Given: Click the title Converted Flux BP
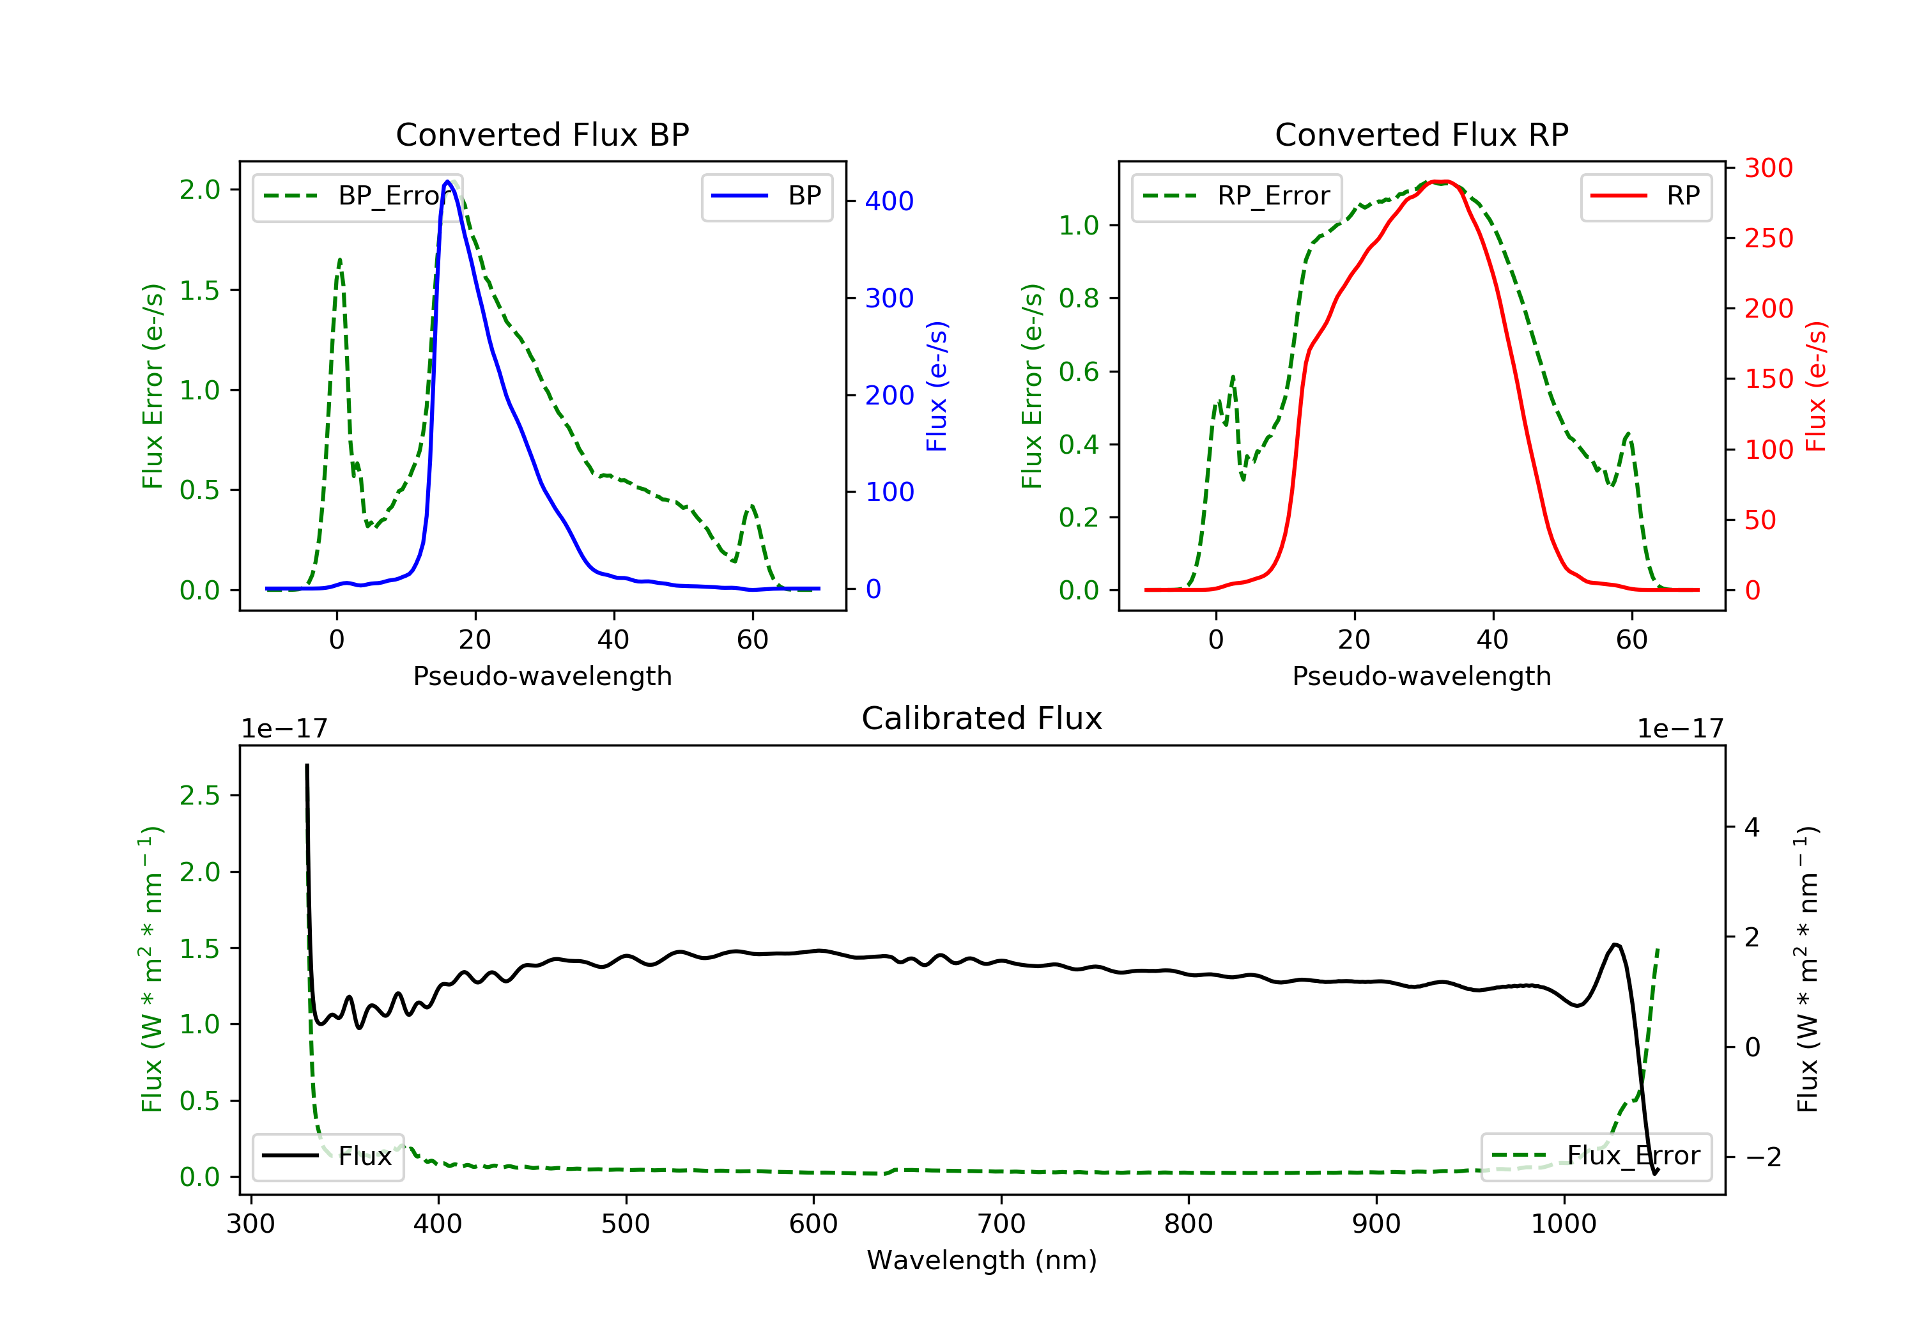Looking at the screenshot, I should pos(542,134).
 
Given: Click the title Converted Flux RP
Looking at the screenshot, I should pos(1421,134).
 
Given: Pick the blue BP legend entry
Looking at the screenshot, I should pos(767,196).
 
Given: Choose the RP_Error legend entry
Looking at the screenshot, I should pos(1236,196).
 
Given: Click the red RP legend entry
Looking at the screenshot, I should pos(1645,196).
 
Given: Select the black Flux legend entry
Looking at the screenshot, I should pos(328,1156).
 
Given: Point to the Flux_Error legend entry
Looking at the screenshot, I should pos(1596,1156).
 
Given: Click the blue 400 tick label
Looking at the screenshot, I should pos(889,201).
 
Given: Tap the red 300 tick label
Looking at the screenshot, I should pos(1768,168).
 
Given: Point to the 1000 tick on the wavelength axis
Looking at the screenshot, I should pos(1563,1224).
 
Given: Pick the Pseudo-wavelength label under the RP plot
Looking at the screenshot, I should pos(1421,675).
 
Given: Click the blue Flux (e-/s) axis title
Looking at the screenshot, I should pos(937,386).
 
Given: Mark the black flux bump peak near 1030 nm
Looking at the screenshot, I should pos(1615,945).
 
